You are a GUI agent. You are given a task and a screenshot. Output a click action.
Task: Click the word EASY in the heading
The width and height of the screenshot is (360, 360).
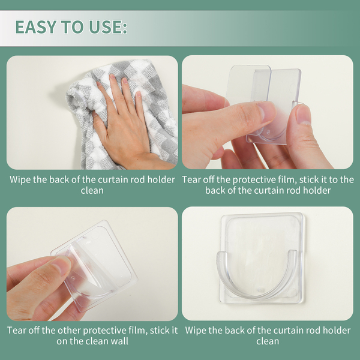(36, 27)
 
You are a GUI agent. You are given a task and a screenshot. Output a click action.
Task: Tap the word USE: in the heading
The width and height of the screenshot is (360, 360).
(108, 27)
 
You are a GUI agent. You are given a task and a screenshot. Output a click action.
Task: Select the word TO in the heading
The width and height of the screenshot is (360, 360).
(73, 27)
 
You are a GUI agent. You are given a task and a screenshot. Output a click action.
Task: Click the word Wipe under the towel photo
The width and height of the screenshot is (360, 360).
(20, 179)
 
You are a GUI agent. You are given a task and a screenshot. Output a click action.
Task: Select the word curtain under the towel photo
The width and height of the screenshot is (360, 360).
(113, 179)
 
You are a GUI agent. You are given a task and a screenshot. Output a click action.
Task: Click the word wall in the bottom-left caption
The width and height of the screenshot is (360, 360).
(119, 341)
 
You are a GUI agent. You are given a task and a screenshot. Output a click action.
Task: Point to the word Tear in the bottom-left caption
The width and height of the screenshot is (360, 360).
(17, 330)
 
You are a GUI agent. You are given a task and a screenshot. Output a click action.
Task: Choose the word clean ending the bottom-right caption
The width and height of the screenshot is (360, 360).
(268, 341)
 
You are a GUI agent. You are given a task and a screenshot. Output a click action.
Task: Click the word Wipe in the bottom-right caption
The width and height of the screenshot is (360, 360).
(196, 330)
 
